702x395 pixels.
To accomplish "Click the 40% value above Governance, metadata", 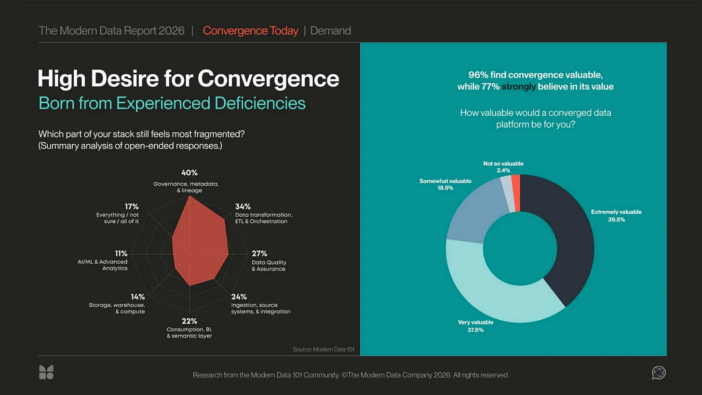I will click(x=189, y=173).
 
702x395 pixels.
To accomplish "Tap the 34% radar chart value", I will click(x=243, y=206).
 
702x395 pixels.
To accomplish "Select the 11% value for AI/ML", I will click(x=121, y=253).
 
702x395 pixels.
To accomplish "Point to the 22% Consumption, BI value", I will click(x=189, y=321).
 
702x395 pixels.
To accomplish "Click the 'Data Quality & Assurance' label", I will click(x=269, y=265).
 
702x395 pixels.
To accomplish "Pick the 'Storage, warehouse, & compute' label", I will click(x=117, y=308).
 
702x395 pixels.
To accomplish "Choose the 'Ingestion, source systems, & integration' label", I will click(x=261, y=308).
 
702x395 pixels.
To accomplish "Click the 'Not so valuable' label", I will click(x=503, y=163).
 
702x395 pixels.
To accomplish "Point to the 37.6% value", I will click(x=475, y=330).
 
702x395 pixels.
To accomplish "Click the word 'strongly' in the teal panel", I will click(x=519, y=87).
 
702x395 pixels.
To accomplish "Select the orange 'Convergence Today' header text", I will click(x=251, y=31).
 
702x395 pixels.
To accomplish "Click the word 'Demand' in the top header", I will click(x=331, y=31).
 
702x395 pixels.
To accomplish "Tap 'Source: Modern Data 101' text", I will click(x=323, y=349).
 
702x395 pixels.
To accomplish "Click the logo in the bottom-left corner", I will click(x=46, y=372).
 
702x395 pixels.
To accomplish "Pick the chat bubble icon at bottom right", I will click(x=659, y=372).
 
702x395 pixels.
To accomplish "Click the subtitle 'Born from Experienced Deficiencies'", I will click(x=172, y=103).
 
